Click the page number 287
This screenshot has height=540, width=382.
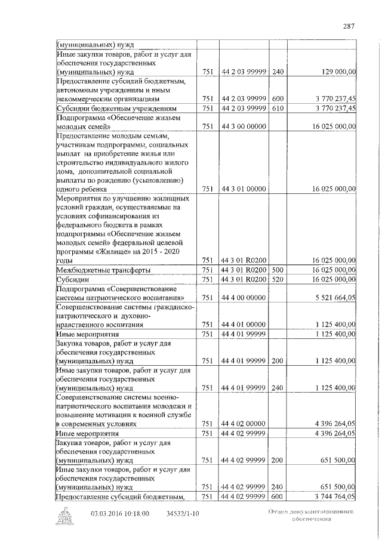click(x=350, y=26)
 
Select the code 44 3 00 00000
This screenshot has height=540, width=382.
click(x=243, y=126)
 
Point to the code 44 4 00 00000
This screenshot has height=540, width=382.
click(x=243, y=297)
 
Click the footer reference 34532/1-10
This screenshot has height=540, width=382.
click(x=183, y=513)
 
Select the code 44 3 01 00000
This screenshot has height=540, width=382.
click(x=243, y=189)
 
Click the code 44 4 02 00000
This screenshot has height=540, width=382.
click(x=243, y=424)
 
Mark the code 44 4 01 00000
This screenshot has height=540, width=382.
click(x=243, y=325)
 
